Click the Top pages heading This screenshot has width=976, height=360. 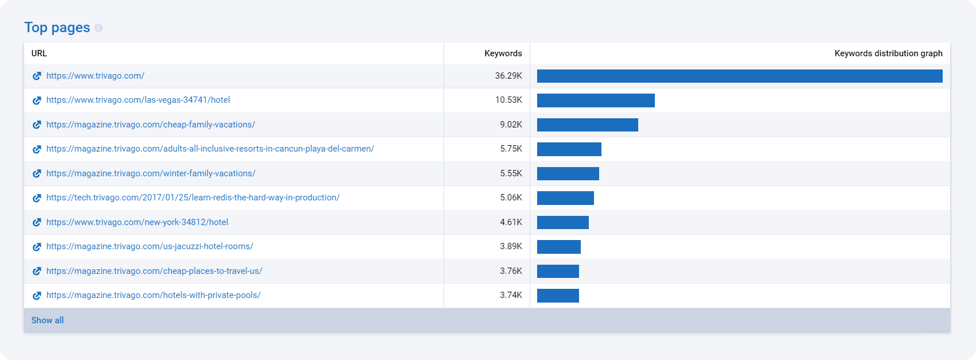(x=57, y=28)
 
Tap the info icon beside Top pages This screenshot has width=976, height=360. (x=99, y=28)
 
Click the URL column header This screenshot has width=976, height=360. (x=39, y=53)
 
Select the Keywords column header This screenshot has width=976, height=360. (x=503, y=53)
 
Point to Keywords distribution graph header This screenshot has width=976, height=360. (x=888, y=53)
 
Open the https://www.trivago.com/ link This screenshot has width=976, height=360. (x=95, y=76)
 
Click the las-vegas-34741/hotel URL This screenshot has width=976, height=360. (x=138, y=100)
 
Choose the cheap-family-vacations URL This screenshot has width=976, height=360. (x=151, y=125)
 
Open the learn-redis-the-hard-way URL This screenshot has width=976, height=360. (x=193, y=198)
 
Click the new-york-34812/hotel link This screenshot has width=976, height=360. (x=137, y=222)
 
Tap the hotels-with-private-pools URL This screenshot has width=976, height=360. (x=153, y=295)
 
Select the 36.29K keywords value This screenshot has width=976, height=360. (x=508, y=76)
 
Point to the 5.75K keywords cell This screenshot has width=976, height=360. (x=511, y=149)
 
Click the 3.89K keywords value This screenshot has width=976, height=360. (x=511, y=246)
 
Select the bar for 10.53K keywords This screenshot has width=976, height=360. (x=596, y=100)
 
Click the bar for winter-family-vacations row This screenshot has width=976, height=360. (x=568, y=173)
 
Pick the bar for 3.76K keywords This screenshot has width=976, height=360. (x=558, y=271)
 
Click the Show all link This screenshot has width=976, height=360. (x=47, y=320)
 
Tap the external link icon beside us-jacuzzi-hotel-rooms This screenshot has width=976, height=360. (x=37, y=247)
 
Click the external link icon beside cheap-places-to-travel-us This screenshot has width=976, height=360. (x=37, y=271)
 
